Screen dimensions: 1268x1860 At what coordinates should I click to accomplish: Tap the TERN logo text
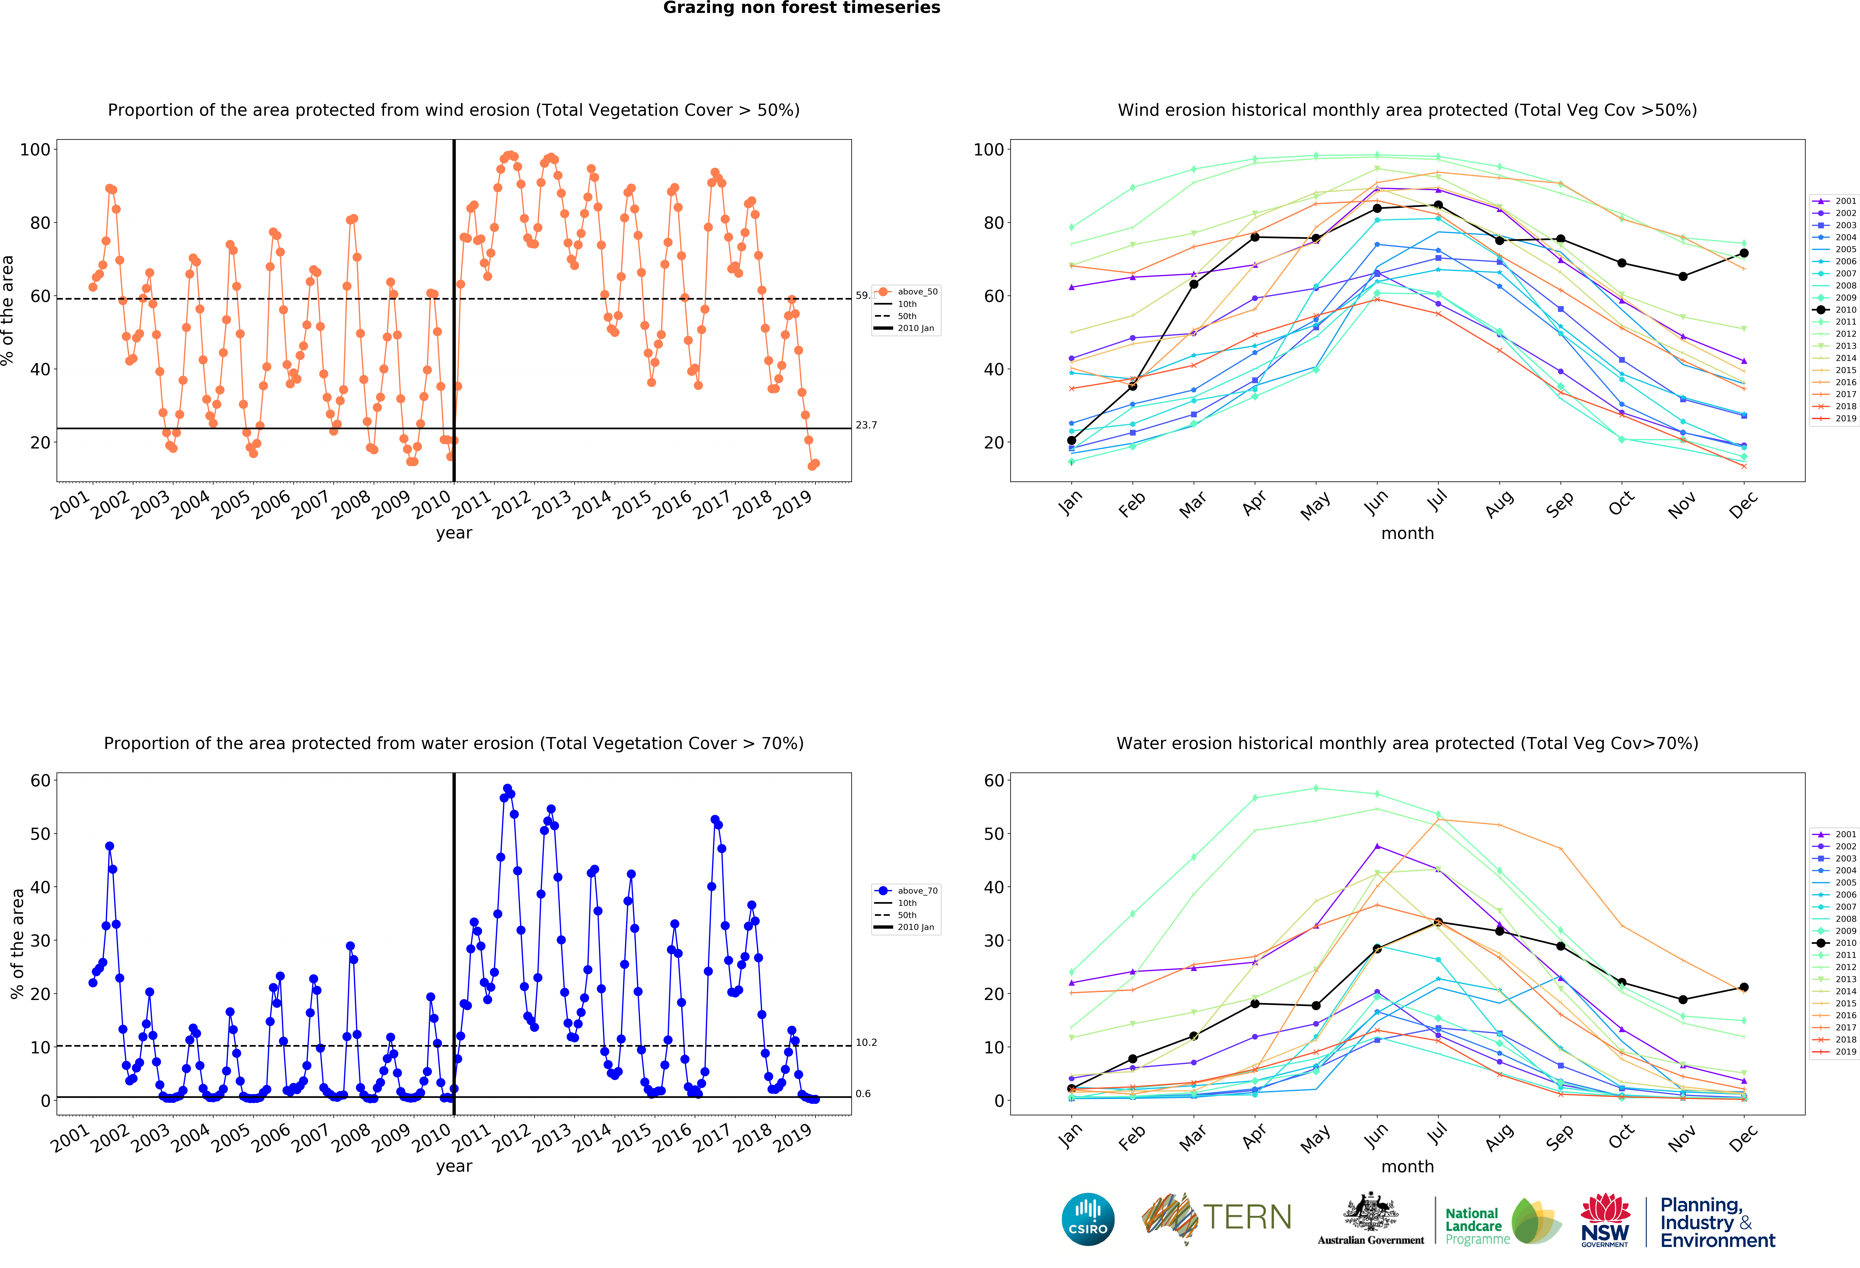click(x=1247, y=1218)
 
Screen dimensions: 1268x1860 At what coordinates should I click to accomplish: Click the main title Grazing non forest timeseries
click(x=801, y=8)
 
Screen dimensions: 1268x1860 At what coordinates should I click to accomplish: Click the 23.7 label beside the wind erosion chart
click(x=866, y=425)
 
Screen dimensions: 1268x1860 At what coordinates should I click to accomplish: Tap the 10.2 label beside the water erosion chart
click(x=866, y=1042)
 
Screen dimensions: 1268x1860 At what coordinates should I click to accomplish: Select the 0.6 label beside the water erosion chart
click(x=863, y=1093)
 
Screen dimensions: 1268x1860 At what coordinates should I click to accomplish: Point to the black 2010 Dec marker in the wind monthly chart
click(x=1744, y=253)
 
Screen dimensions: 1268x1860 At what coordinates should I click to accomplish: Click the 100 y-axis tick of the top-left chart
click(x=35, y=150)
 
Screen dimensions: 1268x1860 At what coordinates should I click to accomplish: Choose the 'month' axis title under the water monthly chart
click(x=1407, y=1166)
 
